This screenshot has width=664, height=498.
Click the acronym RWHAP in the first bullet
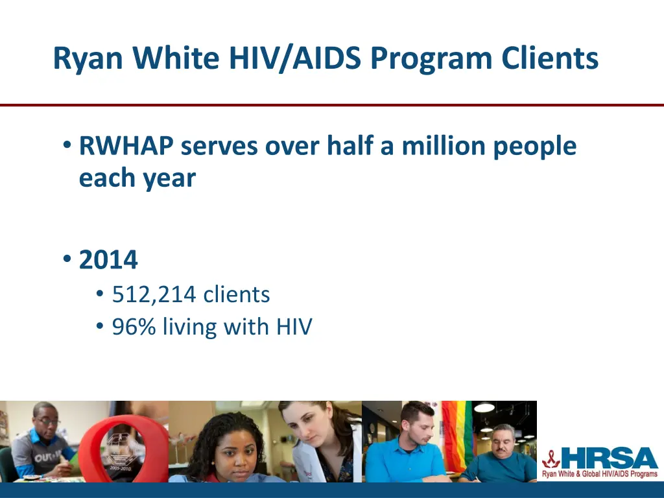coord(126,147)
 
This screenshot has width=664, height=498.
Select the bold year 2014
coord(108,261)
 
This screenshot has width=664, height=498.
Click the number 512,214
coord(154,295)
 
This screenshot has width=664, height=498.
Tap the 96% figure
coord(134,327)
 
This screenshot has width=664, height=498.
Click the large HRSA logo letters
coord(609,458)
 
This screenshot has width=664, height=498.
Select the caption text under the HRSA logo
coord(599,475)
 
